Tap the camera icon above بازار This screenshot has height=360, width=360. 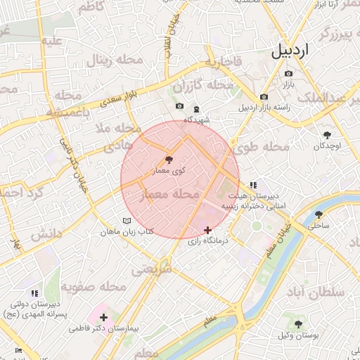coord(288,73)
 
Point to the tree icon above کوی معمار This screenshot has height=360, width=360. coord(169,160)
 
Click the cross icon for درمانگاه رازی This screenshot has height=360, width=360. coord(207,230)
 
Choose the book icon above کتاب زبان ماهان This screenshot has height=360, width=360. coord(127,221)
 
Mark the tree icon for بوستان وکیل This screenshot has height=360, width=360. coord(299,324)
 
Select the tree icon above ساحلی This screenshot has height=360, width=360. coord(319,215)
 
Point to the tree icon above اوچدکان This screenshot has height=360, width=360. coord(328,134)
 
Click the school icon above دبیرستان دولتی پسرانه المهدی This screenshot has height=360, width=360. coord(34,293)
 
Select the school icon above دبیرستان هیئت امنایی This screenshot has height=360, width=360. coord(253,184)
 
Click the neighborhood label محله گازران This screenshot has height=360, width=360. coord(204,86)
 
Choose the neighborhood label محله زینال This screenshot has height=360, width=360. coord(115,60)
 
